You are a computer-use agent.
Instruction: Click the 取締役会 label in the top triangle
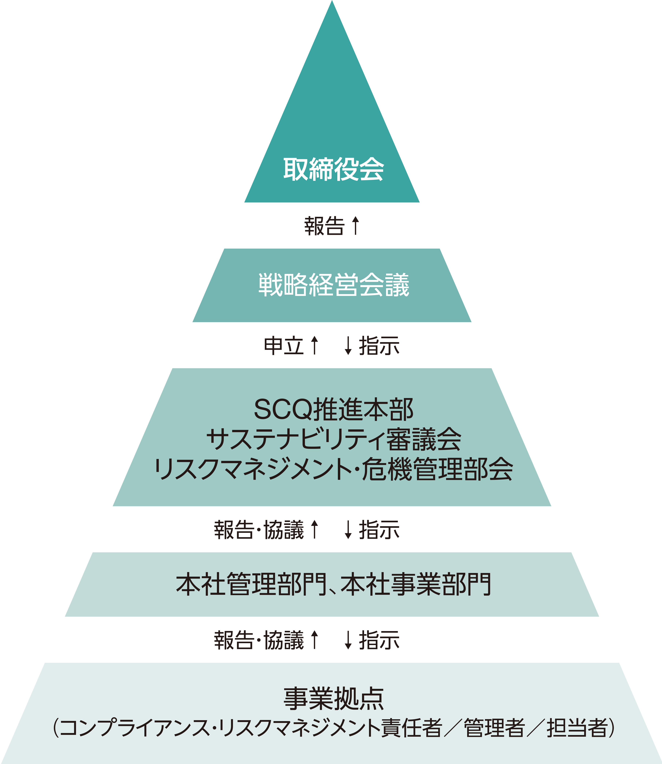[x=334, y=169]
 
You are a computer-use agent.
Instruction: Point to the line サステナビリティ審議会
[x=334, y=439]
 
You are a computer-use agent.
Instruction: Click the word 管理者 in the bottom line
[x=494, y=728]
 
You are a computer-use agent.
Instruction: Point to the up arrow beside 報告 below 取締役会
[x=355, y=226]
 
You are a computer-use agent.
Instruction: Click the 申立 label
[x=284, y=346]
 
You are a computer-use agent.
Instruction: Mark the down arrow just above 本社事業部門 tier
[x=348, y=530]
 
